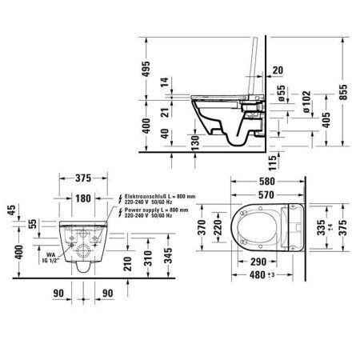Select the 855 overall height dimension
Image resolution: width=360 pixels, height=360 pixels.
(343, 92)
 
